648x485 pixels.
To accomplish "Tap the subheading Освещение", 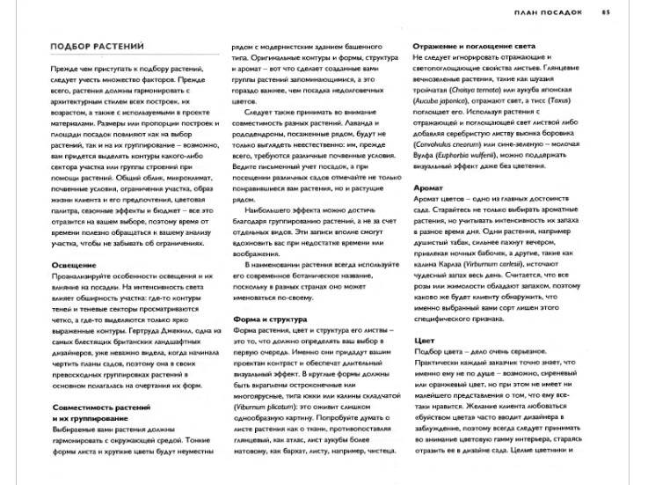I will [x=74, y=264].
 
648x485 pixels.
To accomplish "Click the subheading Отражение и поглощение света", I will [x=476, y=46].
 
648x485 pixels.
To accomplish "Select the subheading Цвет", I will [x=424, y=340].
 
